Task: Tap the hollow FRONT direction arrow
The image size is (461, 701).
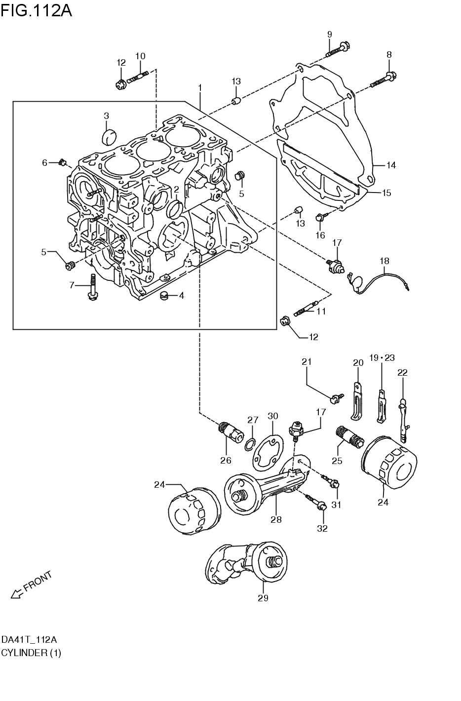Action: [x=17, y=593]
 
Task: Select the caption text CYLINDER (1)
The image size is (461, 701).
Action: [x=31, y=653]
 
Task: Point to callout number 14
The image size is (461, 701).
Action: [x=391, y=165]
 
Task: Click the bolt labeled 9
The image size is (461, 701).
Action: [x=339, y=49]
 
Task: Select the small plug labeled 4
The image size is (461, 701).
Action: [x=164, y=296]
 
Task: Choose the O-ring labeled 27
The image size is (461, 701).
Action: [x=251, y=445]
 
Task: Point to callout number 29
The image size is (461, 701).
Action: [x=263, y=598]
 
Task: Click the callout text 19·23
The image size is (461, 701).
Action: [x=382, y=357]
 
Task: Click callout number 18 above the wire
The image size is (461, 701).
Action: [x=384, y=260]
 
